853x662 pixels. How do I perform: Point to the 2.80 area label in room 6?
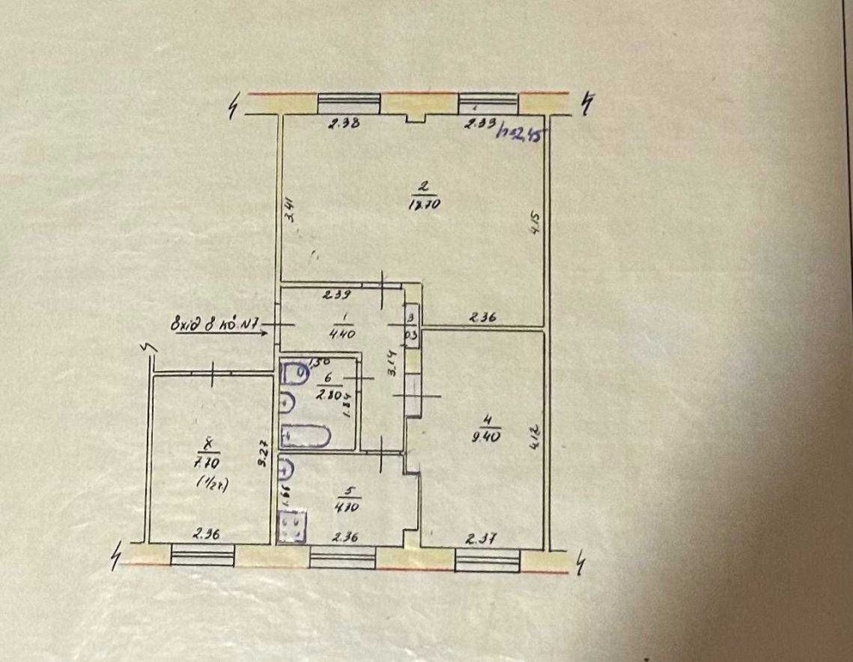click(327, 395)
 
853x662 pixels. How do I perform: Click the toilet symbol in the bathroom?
click(295, 372)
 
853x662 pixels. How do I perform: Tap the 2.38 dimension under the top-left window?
click(345, 123)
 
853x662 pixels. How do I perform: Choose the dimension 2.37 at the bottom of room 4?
click(479, 538)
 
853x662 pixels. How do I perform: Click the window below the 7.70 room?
click(203, 555)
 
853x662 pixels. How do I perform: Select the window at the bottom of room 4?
click(487, 560)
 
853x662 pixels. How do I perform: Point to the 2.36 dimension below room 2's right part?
click(480, 319)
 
